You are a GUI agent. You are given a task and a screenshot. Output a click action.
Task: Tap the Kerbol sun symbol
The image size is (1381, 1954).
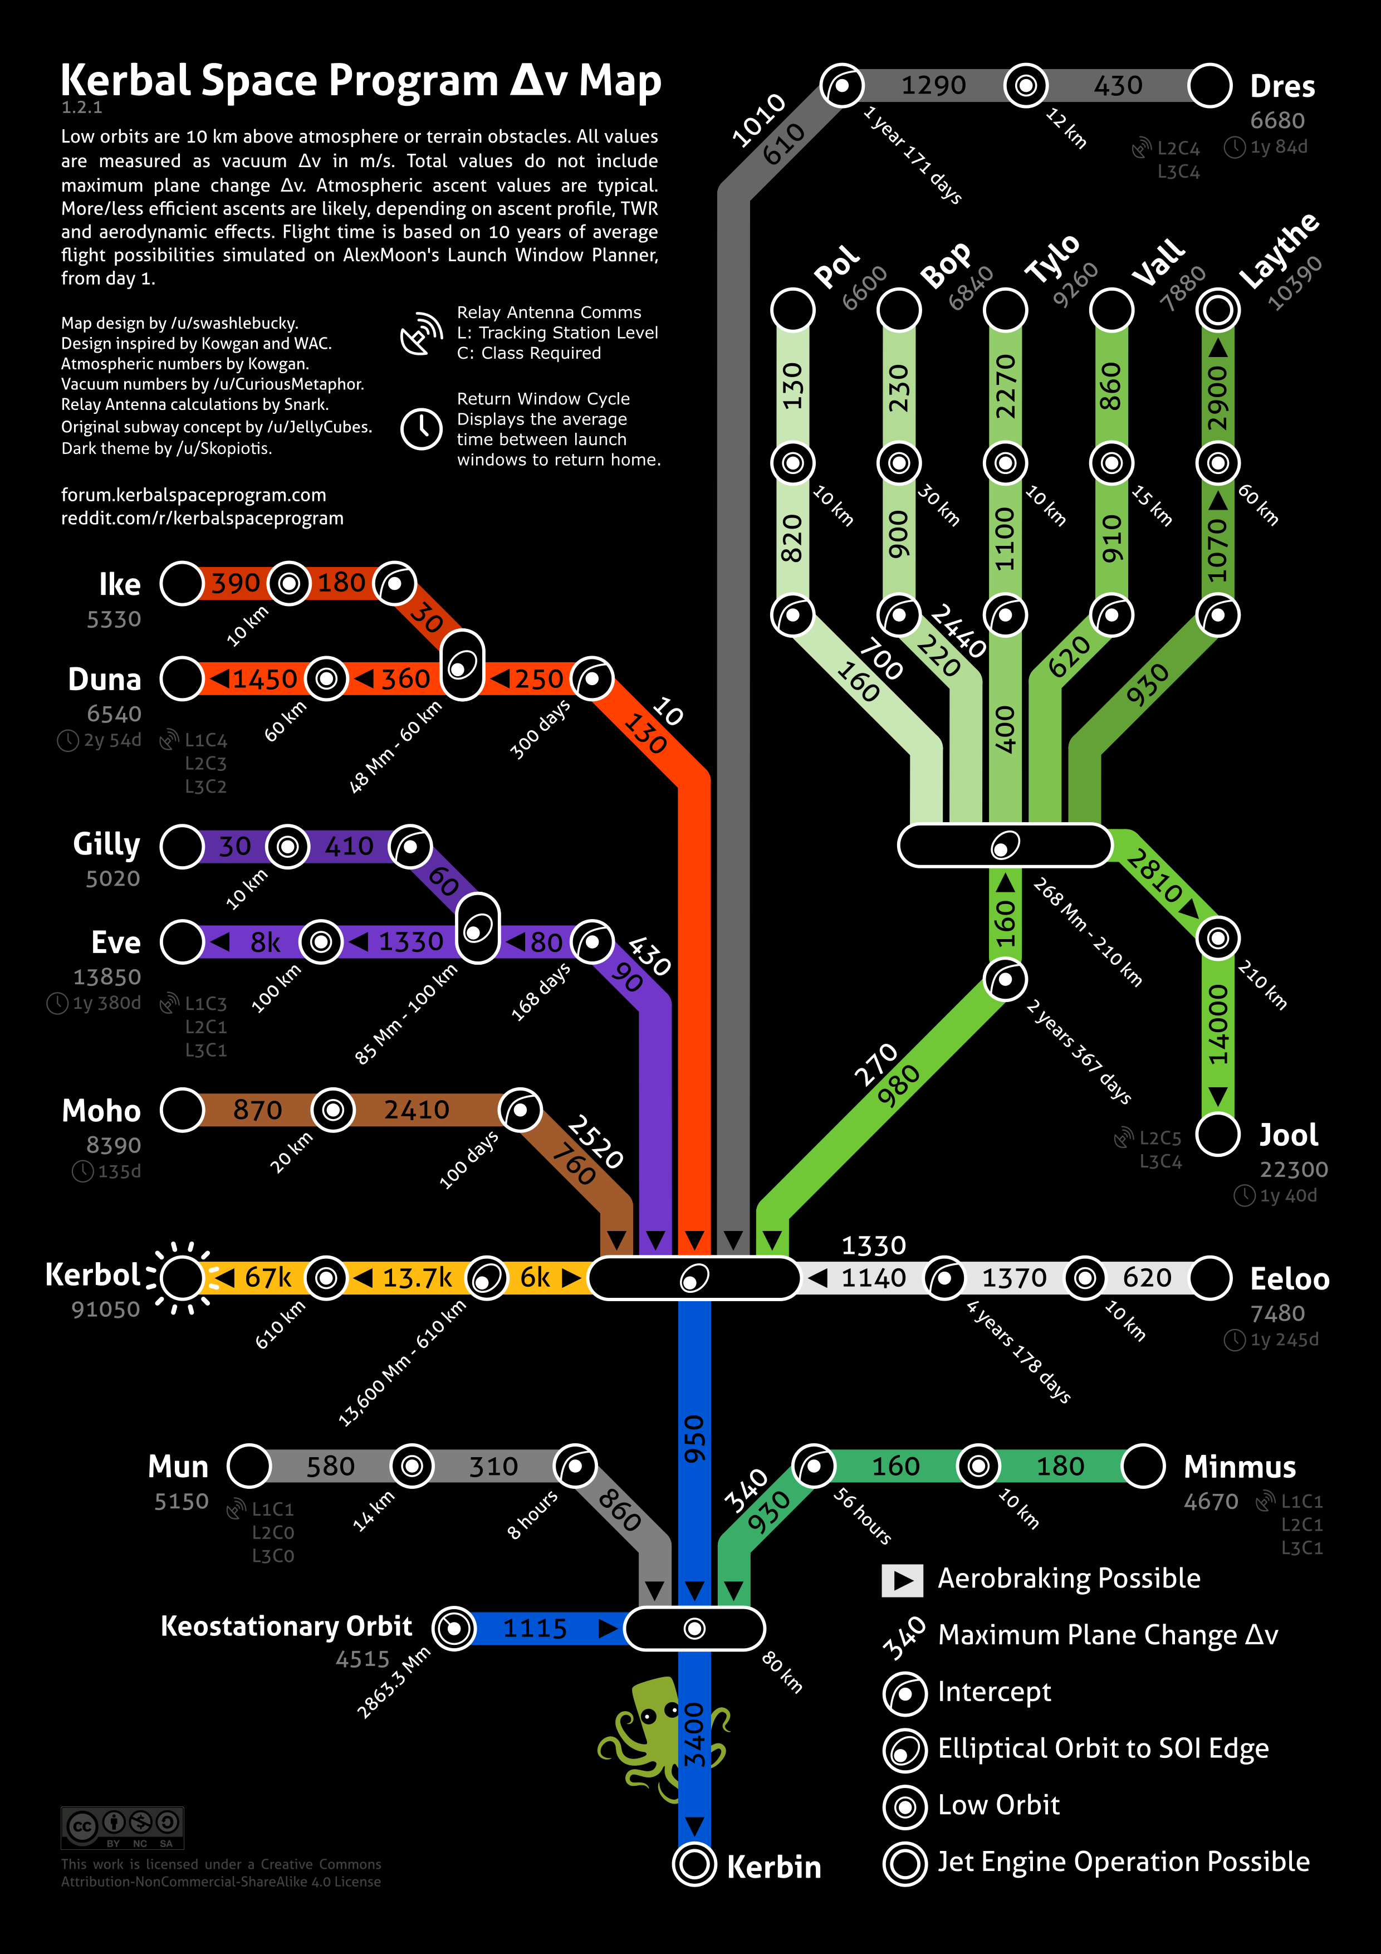(181, 1277)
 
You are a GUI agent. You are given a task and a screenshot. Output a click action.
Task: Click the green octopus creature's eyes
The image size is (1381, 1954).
(659, 1711)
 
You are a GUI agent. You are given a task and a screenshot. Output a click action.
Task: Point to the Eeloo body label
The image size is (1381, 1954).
(1289, 1278)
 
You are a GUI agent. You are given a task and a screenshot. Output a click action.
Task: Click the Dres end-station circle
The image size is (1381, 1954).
(1209, 85)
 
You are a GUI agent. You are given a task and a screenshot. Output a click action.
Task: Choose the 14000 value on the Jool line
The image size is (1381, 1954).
(1218, 1024)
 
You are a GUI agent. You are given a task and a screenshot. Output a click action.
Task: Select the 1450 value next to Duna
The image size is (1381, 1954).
(264, 679)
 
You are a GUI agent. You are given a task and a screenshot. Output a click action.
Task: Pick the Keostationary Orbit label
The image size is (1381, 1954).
(286, 1626)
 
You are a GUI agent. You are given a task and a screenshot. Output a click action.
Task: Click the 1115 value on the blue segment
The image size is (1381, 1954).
(535, 1628)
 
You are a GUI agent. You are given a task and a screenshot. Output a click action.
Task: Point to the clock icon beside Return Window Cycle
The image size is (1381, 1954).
(421, 428)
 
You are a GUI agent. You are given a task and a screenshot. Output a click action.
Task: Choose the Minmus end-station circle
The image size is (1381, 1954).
(1143, 1465)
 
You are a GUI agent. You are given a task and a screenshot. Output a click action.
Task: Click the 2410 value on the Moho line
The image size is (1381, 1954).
(416, 1110)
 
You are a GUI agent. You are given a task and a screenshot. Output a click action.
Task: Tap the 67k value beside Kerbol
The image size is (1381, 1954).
(268, 1277)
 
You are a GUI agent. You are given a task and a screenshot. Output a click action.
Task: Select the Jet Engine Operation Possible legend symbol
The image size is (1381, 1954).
(904, 1863)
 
